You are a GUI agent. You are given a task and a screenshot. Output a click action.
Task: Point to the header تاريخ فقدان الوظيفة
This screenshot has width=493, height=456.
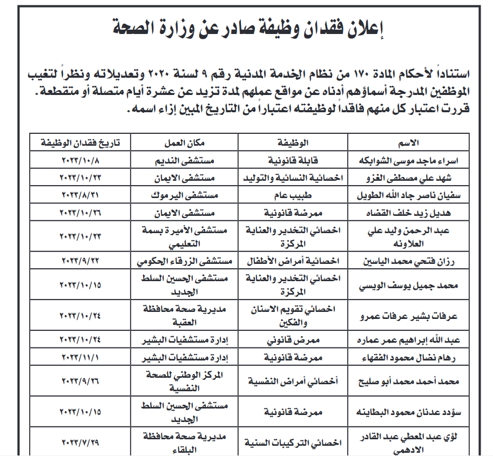point(79,143)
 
